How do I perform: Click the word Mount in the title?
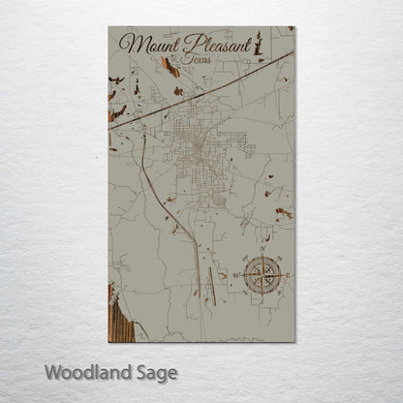click(x=143, y=45)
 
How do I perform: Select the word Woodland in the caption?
click(x=88, y=372)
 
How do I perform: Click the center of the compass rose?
click(x=260, y=274)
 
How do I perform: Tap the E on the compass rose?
click(x=287, y=274)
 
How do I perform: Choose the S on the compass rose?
click(x=260, y=300)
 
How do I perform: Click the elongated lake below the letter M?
click(x=170, y=68)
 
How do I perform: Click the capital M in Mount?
click(x=130, y=45)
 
